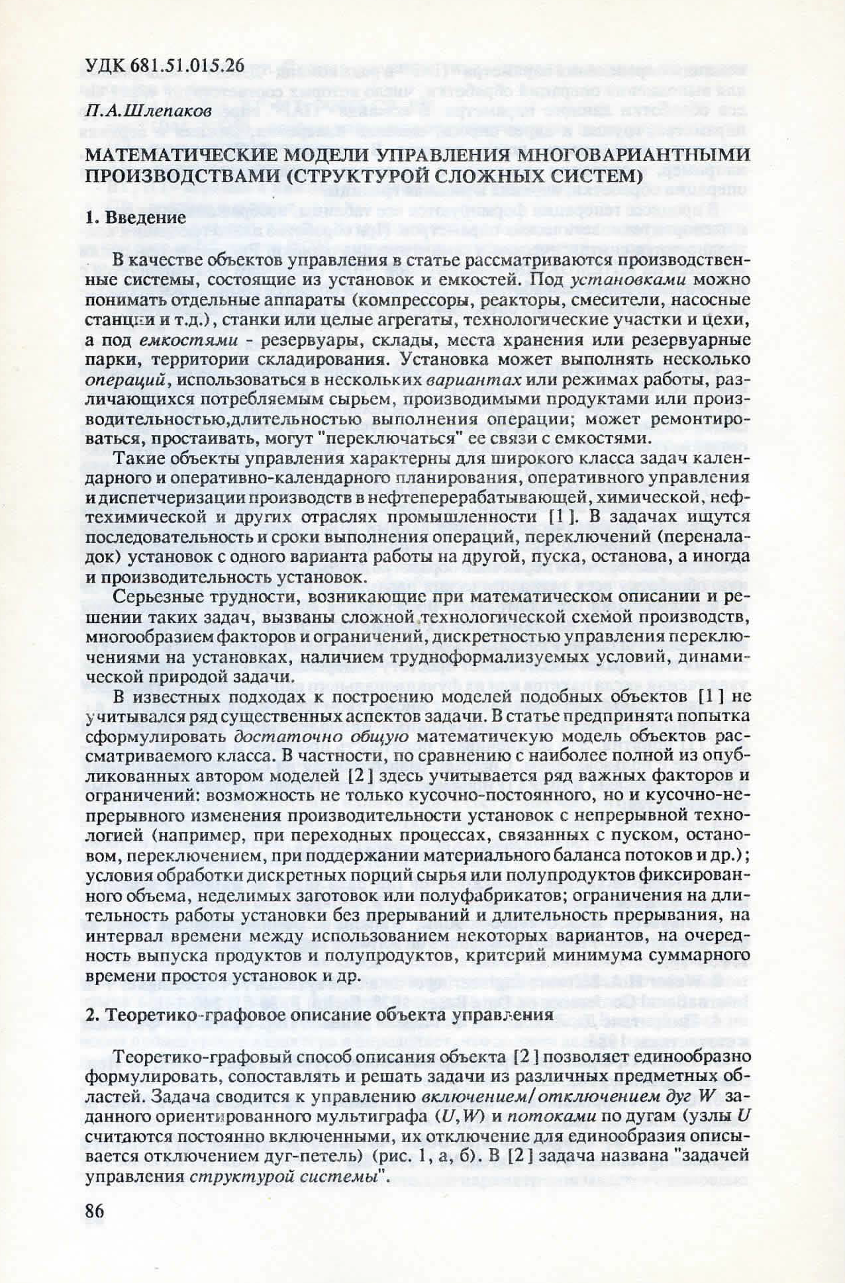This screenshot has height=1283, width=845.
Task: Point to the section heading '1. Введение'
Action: tap(136, 217)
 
